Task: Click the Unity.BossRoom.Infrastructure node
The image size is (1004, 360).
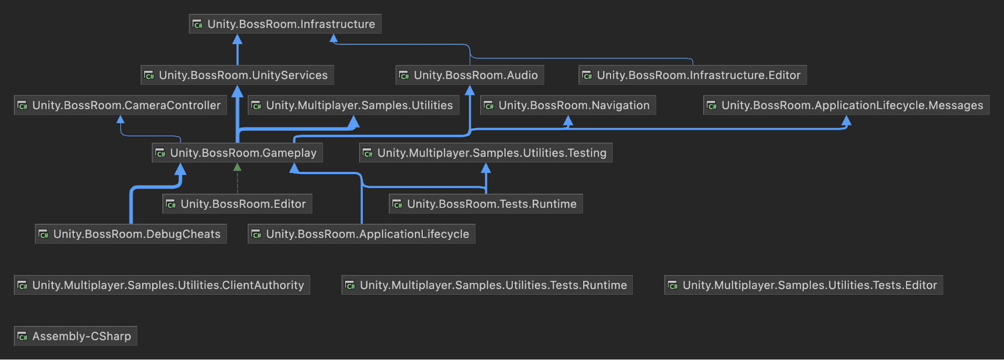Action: [285, 24]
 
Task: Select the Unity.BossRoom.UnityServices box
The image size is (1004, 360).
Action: [237, 75]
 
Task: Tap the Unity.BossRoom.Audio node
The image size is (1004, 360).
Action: [470, 75]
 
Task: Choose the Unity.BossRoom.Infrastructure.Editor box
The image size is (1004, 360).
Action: [693, 75]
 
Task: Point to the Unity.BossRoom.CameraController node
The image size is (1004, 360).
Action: [120, 105]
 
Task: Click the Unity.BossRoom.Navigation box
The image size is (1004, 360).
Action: [568, 105]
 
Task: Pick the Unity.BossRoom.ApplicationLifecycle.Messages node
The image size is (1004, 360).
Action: [846, 105]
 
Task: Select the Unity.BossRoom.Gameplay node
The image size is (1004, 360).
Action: [237, 153]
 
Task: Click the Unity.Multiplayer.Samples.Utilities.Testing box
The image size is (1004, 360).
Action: [486, 153]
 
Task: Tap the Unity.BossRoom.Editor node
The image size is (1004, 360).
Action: [237, 204]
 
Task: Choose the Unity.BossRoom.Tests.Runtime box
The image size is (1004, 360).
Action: [486, 204]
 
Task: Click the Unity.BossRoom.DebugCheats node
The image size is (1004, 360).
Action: [131, 234]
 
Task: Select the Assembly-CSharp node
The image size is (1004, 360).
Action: [75, 336]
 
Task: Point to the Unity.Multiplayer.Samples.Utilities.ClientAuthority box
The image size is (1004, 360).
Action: [162, 285]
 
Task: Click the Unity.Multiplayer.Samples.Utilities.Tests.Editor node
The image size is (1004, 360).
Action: [803, 285]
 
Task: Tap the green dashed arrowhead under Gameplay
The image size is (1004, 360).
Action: [238, 167]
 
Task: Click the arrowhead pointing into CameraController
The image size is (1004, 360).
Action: [121, 119]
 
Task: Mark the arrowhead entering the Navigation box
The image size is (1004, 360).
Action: [568, 121]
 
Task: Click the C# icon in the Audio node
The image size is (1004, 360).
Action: [404, 76]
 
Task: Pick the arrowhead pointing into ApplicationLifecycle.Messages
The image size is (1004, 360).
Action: [846, 121]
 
